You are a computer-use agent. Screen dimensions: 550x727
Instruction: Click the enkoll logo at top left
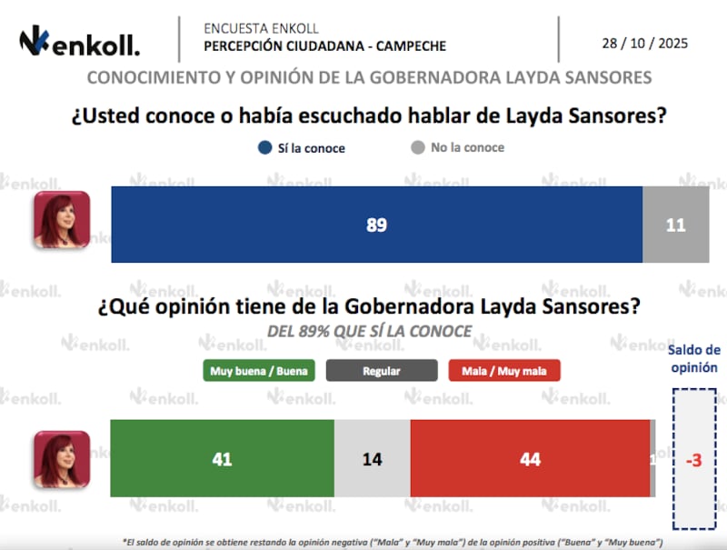80,43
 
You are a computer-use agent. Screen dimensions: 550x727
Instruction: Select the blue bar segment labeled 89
376,225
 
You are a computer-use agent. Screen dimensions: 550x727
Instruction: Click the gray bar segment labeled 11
675,225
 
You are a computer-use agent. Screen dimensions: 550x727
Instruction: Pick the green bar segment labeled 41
222,459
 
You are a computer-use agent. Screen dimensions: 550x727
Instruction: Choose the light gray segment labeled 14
372,459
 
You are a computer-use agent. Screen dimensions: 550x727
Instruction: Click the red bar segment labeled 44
530,459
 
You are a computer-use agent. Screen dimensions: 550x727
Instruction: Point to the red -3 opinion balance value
692,460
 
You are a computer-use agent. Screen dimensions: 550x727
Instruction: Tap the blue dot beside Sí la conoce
264,147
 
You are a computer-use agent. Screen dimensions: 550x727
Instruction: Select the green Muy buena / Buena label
259,371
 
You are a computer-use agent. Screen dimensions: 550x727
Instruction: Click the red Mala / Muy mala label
504,371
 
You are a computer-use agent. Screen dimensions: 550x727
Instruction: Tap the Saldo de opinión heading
693,359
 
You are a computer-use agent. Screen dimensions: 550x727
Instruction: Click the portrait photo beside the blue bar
62,220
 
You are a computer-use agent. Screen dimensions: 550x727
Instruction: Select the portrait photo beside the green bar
62,459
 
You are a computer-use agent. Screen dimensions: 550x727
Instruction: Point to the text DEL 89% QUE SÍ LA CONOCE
369,332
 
